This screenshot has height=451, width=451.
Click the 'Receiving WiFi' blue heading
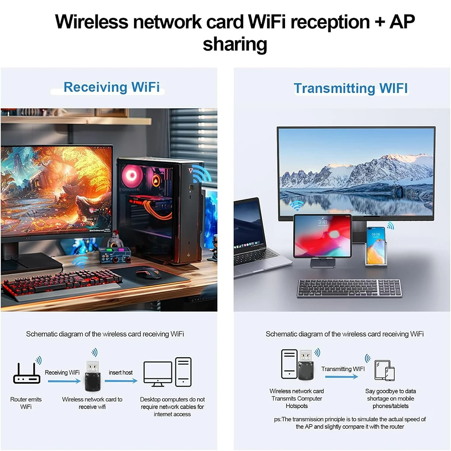[111, 87]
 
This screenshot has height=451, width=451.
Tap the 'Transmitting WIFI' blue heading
[350, 88]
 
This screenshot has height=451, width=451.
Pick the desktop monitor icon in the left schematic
[157, 373]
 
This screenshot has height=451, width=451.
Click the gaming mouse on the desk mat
[148, 273]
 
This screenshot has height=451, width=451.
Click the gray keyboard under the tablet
[349, 288]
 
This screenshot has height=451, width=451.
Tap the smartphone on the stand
[375, 245]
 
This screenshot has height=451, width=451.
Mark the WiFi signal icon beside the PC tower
[201, 175]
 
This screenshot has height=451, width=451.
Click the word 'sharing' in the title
[235, 44]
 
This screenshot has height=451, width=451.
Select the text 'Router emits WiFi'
[26, 403]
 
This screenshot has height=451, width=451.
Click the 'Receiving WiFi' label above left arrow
[62, 373]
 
